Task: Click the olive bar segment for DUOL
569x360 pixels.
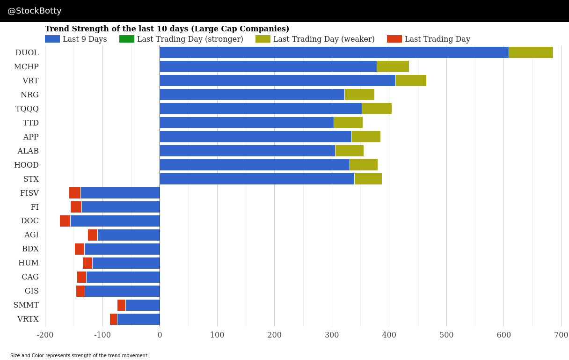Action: pos(531,52)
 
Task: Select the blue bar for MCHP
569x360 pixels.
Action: pos(268,66)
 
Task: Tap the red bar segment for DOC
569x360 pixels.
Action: pos(65,221)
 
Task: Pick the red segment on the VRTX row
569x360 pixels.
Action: pos(113,319)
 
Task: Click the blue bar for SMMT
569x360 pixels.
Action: pos(142,305)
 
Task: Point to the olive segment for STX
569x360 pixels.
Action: pos(368,179)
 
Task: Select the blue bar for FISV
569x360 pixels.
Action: pos(120,193)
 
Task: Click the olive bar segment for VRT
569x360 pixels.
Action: pos(410,81)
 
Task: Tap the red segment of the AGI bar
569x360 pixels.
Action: pos(93,235)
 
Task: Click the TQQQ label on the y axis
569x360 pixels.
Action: pos(27,109)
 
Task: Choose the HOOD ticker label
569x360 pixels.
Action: pos(26,165)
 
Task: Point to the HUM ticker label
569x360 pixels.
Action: pos(29,263)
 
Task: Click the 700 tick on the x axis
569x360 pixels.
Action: pos(561,335)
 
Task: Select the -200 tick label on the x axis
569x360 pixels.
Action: pos(45,335)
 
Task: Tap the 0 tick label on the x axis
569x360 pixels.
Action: pos(160,335)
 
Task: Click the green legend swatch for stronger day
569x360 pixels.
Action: pos(126,39)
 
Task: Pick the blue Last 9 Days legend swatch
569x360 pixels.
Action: pos(52,39)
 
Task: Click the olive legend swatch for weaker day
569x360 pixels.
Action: pos(263,39)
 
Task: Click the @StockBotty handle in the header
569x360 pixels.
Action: pos(35,11)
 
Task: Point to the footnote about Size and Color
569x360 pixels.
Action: pos(80,356)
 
